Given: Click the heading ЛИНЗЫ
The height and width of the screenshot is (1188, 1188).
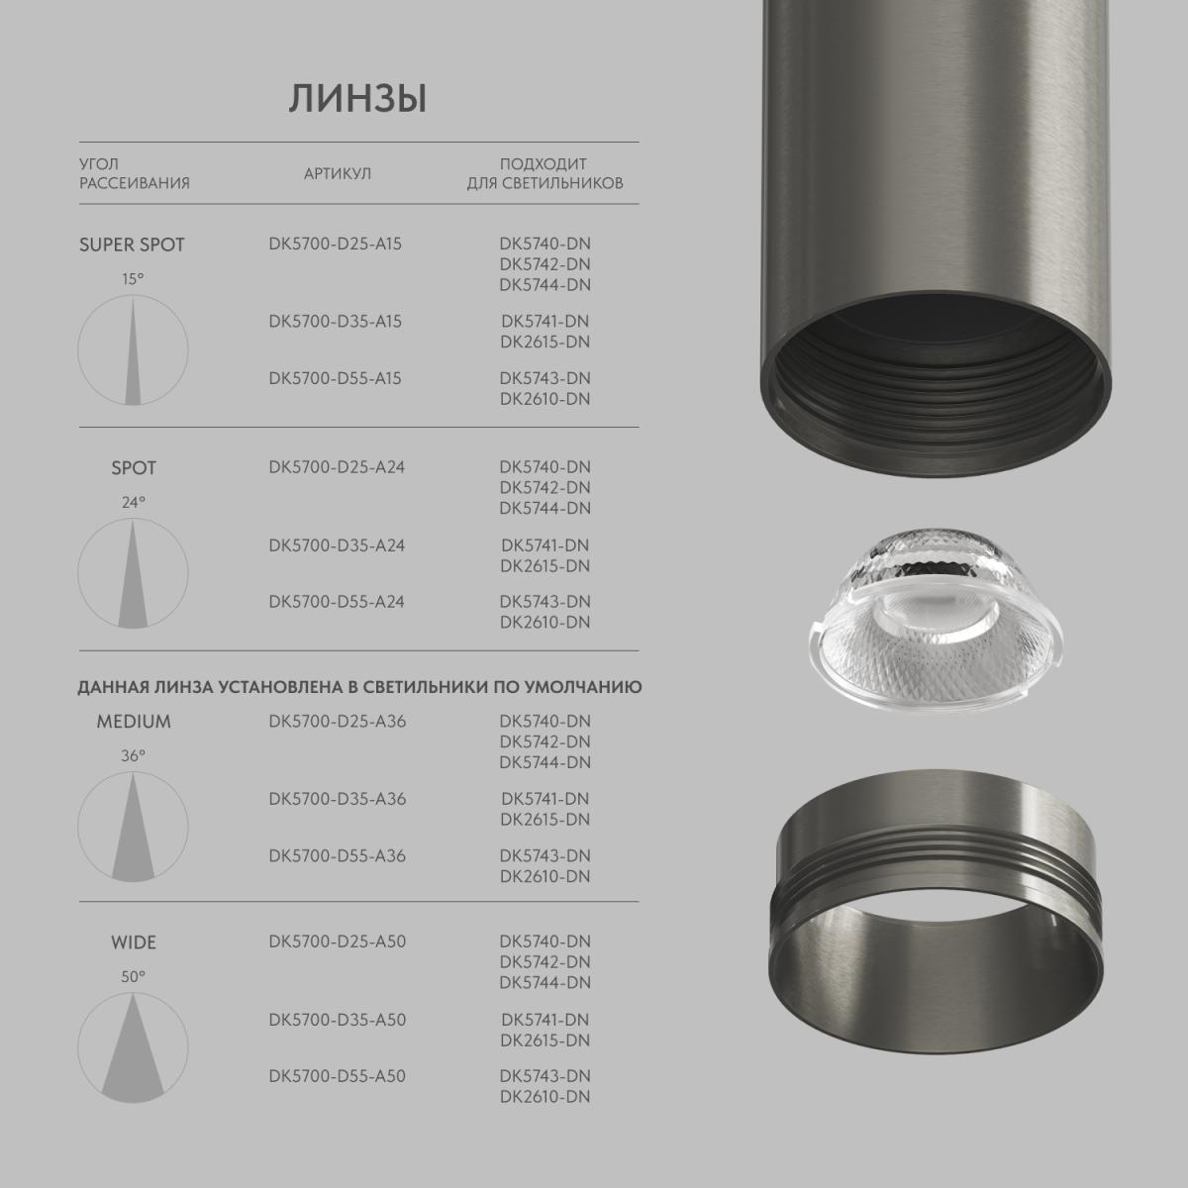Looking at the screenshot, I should (357, 99).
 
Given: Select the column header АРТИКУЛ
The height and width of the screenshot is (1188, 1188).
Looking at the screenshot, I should (337, 173).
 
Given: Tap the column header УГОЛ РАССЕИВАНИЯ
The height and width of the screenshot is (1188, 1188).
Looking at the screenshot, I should (134, 173).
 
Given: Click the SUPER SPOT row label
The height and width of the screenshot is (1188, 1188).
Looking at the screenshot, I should (132, 245).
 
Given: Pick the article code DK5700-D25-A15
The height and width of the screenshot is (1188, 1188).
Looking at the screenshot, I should (335, 244).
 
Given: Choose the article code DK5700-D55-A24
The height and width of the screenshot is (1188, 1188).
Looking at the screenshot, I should (337, 602).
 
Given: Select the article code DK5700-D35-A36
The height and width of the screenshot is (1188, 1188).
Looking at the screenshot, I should (337, 799).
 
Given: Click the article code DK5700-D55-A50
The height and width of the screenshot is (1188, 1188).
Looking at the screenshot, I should (337, 1076).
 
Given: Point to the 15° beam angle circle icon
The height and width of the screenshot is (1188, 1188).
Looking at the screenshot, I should (133, 349).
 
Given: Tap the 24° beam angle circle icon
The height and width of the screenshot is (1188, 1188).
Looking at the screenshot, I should (133, 573).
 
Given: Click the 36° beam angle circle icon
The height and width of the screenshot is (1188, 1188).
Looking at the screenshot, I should (133, 827).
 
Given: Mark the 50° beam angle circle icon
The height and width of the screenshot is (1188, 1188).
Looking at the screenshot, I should (133, 1048).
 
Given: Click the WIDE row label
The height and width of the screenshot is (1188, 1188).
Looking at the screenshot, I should (134, 942).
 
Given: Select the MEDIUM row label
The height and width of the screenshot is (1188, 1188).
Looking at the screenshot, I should (134, 722).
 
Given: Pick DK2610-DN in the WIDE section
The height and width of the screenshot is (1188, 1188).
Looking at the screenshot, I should (544, 1097).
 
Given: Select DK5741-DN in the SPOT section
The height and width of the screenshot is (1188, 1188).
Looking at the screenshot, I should (544, 545).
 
